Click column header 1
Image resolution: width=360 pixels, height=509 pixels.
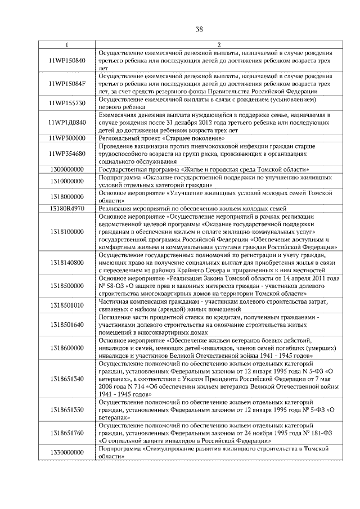(67, 45)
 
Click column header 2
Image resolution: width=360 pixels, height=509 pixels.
(219, 45)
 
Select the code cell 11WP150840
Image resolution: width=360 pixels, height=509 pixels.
(67, 60)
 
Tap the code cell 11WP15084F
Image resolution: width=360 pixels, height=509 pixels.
(67, 84)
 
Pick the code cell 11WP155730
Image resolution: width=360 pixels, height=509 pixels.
(67, 103)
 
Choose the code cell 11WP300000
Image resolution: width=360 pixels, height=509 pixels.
(67, 138)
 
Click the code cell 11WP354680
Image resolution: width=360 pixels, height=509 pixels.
(67, 154)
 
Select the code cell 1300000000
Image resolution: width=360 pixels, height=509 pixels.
(67, 169)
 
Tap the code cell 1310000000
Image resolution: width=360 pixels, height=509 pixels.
(67, 181)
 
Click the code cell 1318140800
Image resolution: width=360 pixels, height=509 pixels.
(67, 262)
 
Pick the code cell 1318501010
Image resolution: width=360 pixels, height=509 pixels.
(67, 305)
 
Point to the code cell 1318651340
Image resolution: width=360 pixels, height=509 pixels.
(67, 379)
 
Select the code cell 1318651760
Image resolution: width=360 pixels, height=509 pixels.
(67, 434)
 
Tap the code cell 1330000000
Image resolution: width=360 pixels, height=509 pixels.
(67, 453)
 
